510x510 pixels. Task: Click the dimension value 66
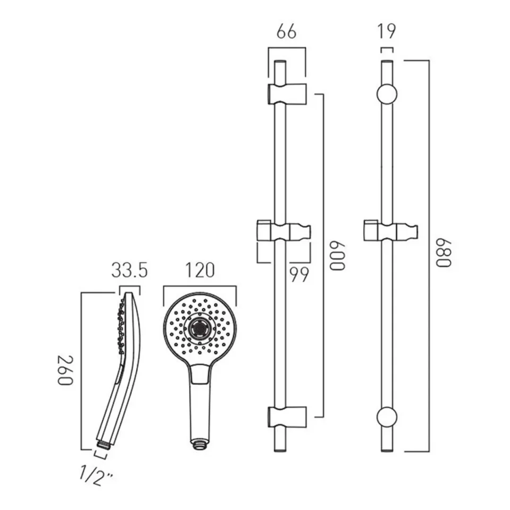pos(286,32)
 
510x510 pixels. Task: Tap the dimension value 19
pos(387,31)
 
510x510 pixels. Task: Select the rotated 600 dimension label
pos(337,256)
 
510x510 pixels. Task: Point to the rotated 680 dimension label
pos(444,253)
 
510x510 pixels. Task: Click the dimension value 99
pos(299,275)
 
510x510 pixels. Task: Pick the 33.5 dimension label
pos(130,270)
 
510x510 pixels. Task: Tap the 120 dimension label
pos(200,270)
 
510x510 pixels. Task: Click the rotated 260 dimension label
pos(65,370)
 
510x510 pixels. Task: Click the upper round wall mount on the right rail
pos(387,94)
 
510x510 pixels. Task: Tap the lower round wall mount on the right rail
pos(387,416)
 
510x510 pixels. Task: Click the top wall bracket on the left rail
pos(287,94)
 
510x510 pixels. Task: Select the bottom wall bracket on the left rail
pos(287,416)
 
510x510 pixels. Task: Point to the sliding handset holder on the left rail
pos(284,231)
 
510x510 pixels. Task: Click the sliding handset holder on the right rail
pos(390,231)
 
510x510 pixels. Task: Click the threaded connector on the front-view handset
pos(199,444)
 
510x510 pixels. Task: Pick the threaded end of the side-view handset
pos(103,445)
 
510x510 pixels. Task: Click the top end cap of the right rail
pos(387,62)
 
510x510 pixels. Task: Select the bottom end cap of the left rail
pos(280,450)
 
